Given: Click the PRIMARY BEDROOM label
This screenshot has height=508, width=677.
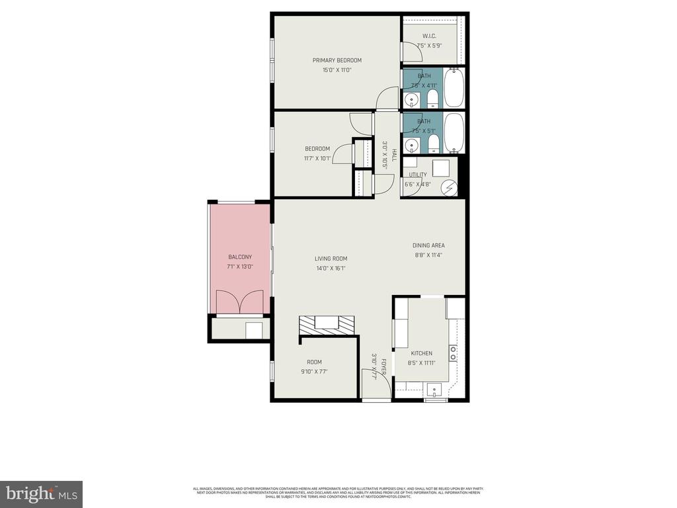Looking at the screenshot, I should click(x=337, y=60).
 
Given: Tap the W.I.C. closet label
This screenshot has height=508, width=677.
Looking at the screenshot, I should click(x=429, y=36).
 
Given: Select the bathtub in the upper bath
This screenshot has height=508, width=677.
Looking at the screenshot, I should click(x=454, y=87).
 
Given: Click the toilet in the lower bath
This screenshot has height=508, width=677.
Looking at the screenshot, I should click(x=433, y=144).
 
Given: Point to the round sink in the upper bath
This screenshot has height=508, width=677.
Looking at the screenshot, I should click(x=412, y=100).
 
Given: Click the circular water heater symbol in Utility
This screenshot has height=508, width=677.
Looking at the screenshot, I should click(x=450, y=189).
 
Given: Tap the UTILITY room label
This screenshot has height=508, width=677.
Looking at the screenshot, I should click(x=418, y=175).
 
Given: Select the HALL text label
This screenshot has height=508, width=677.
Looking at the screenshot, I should click(x=393, y=155).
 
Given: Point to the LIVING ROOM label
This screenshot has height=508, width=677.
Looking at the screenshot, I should click(x=331, y=259).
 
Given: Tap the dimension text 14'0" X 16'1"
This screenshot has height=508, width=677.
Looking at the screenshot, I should click(x=331, y=269).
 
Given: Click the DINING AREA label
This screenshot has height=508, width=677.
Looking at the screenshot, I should click(x=428, y=245).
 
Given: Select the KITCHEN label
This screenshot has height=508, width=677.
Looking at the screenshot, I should click(x=422, y=353).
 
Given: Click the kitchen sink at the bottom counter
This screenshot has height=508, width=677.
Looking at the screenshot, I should click(x=434, y=388).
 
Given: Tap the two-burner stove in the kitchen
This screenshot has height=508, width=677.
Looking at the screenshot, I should click(x=454, y=352).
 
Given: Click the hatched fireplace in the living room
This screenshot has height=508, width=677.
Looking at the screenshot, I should click(x=327, y=323).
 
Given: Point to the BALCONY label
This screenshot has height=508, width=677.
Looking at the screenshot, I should click(x=239, y=257).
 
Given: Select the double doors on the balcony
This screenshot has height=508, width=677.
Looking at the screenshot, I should click(x=240, y=302).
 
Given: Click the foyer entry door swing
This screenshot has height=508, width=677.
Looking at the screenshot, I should click(x=371, y=384).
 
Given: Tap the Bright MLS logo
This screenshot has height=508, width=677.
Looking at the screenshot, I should click(x=41, y=493).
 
